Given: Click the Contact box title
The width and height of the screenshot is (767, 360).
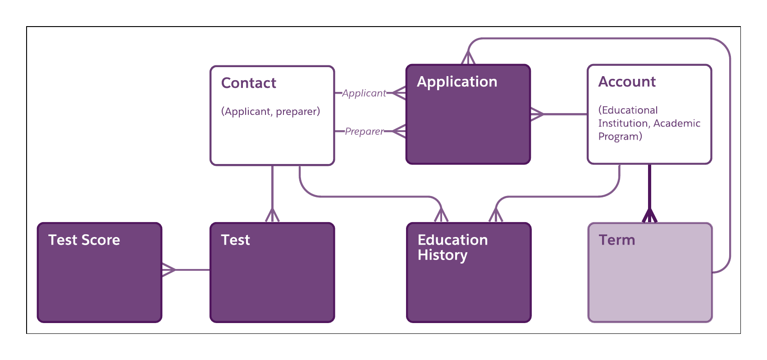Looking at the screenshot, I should (x=248, y=83).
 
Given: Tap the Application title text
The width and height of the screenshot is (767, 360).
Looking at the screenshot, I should (x=457, y=82).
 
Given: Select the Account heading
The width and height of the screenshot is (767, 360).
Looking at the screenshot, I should (x=626, y=82).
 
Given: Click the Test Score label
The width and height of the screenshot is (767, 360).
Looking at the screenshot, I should (x=84, y=240).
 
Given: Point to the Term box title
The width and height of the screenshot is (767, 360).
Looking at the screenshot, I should (x=616, y=240).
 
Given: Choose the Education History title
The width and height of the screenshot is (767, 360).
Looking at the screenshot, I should (x=452, y=247).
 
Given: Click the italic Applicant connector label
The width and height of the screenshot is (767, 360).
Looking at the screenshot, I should (x=364, y=93).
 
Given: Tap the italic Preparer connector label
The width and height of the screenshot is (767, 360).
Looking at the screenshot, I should (x=364, y=132).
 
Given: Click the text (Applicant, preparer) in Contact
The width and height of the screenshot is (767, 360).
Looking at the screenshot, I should (x=270, y=112).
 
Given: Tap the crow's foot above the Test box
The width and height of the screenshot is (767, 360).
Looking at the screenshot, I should (x=272, y=215).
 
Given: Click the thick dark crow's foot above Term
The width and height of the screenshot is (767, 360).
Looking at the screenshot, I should (x=649, y=215).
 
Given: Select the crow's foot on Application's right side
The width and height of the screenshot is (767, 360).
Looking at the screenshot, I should (x=537, y=114).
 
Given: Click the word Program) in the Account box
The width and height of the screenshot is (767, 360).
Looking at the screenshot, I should (x=620, y=137).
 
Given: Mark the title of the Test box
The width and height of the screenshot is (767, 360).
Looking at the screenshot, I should (x=235, y=240).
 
